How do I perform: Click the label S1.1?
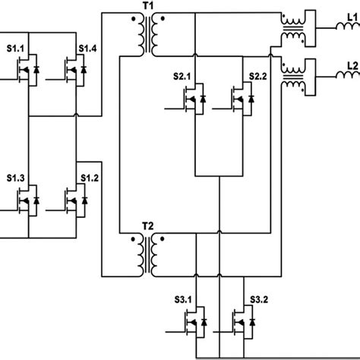click(x=17, y=49)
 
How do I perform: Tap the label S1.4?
click(x=90, y=49)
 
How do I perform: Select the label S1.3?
click(x=17, y=178)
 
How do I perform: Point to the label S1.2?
click(x=90, y=178)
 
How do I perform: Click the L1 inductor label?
click(x=350, y=14)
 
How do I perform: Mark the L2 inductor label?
click(x=350, y=65)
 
